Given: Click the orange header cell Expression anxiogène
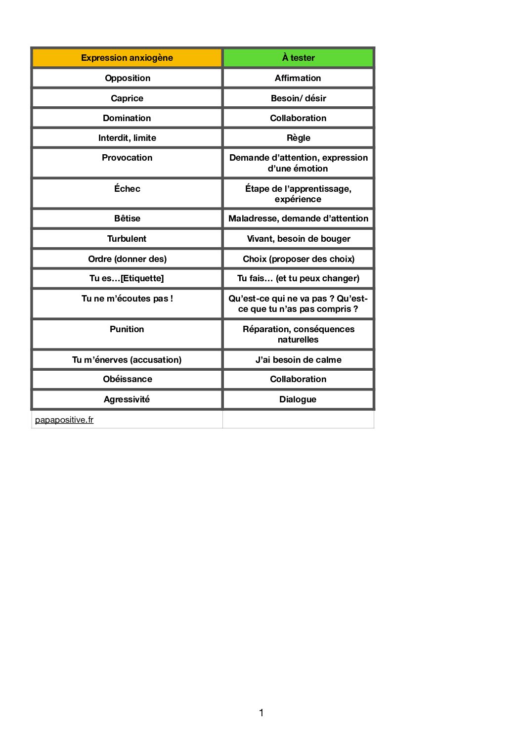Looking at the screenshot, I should tap(127, 58).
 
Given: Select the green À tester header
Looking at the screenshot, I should tap(298, 58).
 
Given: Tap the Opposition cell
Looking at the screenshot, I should tap(128, 78).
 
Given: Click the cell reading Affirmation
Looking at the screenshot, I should tap(298, 78).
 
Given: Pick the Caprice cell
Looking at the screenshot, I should tap(127, 98).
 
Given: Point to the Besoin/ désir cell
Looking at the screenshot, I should tap(298, 98).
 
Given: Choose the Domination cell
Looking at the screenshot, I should tap(127, 118).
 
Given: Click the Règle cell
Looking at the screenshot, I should tap(298, 138).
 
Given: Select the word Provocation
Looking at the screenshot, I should tap(127, 158).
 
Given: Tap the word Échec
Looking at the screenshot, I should tap(127, 189).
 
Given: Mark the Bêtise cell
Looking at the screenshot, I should tap(127, 218).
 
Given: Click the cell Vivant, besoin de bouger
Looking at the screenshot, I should tap(298, 239).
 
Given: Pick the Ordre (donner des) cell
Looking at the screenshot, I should tap(127, 259).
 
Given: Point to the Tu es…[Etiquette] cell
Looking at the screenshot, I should tap(127, 278).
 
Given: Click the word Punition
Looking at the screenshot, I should tap(127, 329).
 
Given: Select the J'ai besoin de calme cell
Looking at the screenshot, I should tap(298, 360).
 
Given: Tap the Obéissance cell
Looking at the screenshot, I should tap(128, 379).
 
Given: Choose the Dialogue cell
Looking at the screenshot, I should tap(298, 399).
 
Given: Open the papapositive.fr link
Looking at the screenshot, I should tap(64, 420).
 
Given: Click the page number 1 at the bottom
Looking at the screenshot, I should tap(261, 713).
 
